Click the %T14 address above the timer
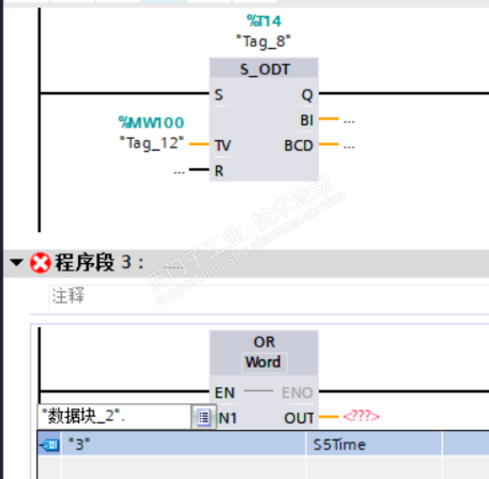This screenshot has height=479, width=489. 264,22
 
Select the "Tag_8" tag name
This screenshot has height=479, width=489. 264,40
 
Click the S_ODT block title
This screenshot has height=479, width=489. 265,69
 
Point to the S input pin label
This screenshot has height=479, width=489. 219,95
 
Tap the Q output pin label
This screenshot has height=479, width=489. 307,95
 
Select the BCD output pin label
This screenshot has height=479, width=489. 299,146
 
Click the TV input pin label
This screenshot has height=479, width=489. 223,146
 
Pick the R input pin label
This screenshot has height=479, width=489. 219,171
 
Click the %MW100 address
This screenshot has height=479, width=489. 151,122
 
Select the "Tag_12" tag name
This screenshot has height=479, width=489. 151,143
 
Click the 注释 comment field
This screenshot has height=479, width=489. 68,296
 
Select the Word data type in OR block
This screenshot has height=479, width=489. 263,363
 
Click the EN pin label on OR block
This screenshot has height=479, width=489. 225,393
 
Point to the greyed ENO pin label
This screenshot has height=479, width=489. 297,393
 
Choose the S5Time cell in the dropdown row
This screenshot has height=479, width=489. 339,444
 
